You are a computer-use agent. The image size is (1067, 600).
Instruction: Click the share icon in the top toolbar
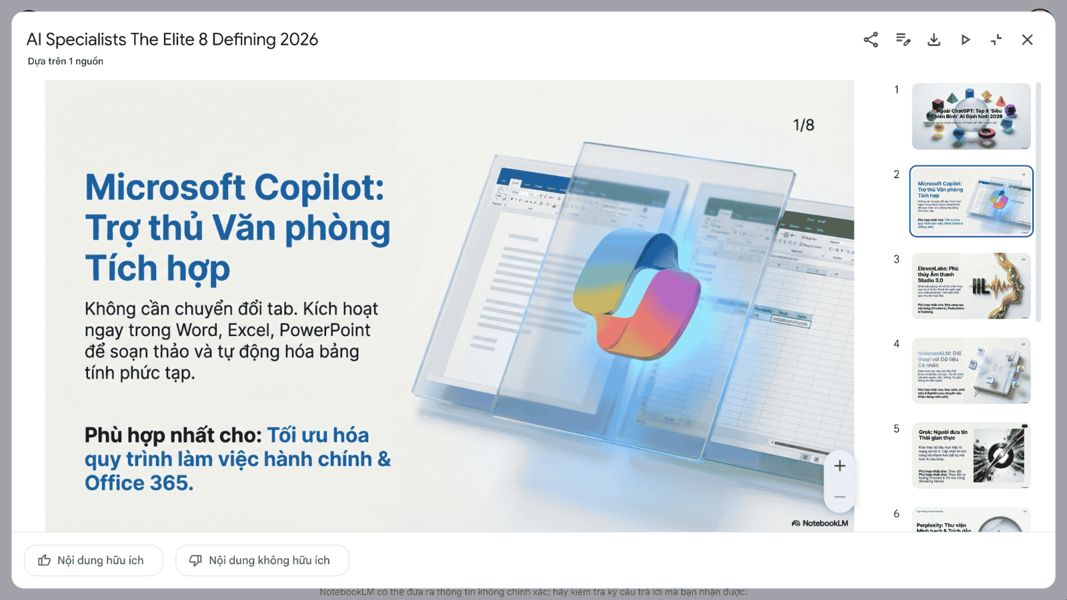pos(871,40)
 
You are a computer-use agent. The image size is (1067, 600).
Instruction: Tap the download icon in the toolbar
pos(934,40)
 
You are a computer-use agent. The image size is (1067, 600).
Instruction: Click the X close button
pos(1027,40)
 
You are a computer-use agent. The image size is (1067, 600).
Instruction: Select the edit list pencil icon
pos(903,40)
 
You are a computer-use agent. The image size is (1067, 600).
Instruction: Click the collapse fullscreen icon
pos(996,40)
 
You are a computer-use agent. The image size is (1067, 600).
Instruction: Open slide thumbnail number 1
pos(971,117)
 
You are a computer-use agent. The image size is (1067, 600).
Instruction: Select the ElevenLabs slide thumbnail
pos(971,286)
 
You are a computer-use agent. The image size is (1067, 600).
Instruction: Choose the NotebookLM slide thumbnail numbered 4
pos(971,371)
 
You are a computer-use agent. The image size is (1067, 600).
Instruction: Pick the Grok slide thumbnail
pos(971,455)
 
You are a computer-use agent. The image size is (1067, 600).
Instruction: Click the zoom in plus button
pos(840,466)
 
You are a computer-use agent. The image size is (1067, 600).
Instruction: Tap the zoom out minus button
pos(840,497)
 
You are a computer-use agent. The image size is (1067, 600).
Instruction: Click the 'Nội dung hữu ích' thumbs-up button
pos(93,561)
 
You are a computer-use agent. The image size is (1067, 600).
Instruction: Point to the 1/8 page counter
pos(803,125)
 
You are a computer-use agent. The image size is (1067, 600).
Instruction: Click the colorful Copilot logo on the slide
pos(637,293)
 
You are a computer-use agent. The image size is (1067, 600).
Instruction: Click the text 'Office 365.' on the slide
pos(139,483)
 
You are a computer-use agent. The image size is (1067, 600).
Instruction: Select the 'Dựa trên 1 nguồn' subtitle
pos(65,61)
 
